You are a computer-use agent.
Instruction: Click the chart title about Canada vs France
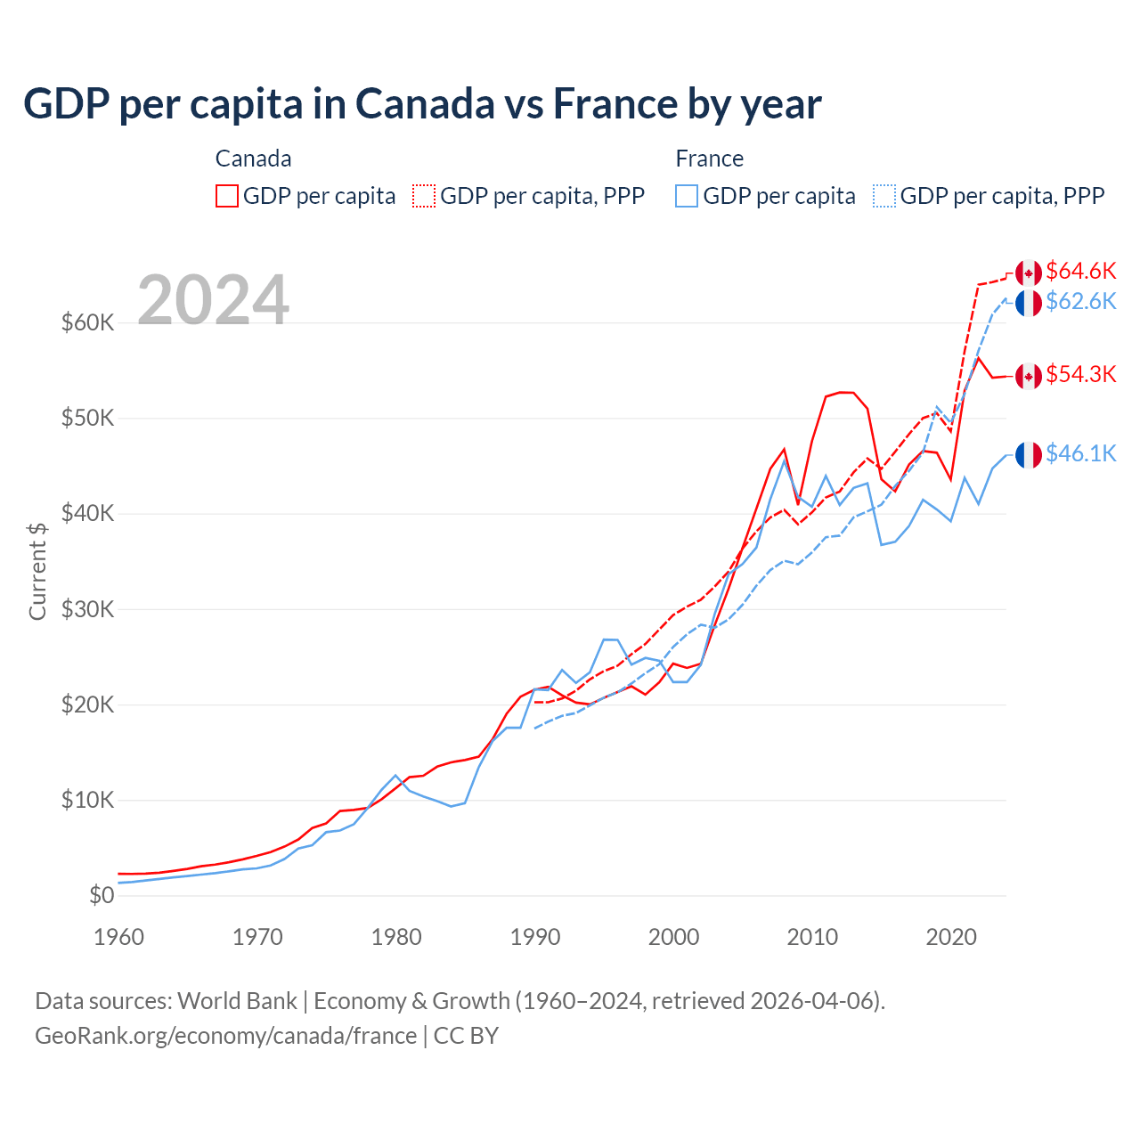click(x=422, y=104)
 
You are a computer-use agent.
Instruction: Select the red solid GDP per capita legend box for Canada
click(x=227, y=196)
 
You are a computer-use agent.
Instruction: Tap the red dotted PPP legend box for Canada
click(x=424, y=196)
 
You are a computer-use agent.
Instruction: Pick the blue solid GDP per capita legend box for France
click(x=687, y=196)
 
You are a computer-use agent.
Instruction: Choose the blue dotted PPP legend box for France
click(x=884, y=196)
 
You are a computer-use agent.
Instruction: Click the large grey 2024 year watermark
click(x=214, y=300)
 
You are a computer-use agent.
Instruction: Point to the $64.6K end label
click(x=1080, y=271)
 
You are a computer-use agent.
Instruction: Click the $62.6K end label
click(x=1080, y=301)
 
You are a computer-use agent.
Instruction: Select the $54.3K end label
click(x=1080, y=374)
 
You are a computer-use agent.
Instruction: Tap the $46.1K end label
click(x=1080, y=453)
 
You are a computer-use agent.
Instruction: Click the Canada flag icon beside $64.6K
click(x=1029, y=273)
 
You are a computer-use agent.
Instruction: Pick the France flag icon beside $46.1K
click(x=1029, y=454)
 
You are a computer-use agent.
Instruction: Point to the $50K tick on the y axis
click(x=87, y=418)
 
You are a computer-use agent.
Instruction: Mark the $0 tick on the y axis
click(x=102, y=895)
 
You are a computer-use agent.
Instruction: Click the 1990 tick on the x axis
click(x=535, y=937)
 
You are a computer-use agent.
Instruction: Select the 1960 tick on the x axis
click(x=118, y=937)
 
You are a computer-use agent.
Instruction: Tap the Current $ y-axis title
click(x=37, y=571)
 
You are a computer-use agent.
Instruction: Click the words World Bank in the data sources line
click(x=237, y=1001)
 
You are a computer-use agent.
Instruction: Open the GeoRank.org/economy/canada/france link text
click(x=225, y=1036)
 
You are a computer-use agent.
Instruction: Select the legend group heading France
click(x=709, y=159)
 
